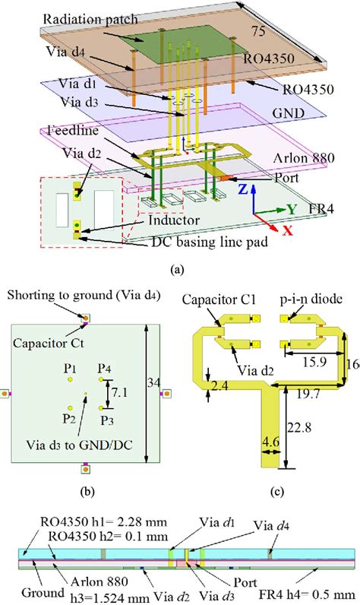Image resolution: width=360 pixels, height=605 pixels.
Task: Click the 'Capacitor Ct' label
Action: tap(55, 341)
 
